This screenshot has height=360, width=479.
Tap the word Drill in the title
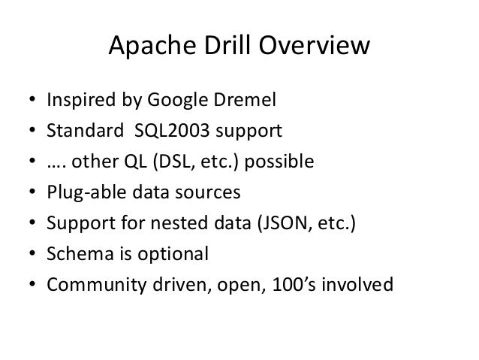click(221, 47)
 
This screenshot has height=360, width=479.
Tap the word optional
click(173, 255)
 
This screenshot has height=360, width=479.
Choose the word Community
click(92, 286)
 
